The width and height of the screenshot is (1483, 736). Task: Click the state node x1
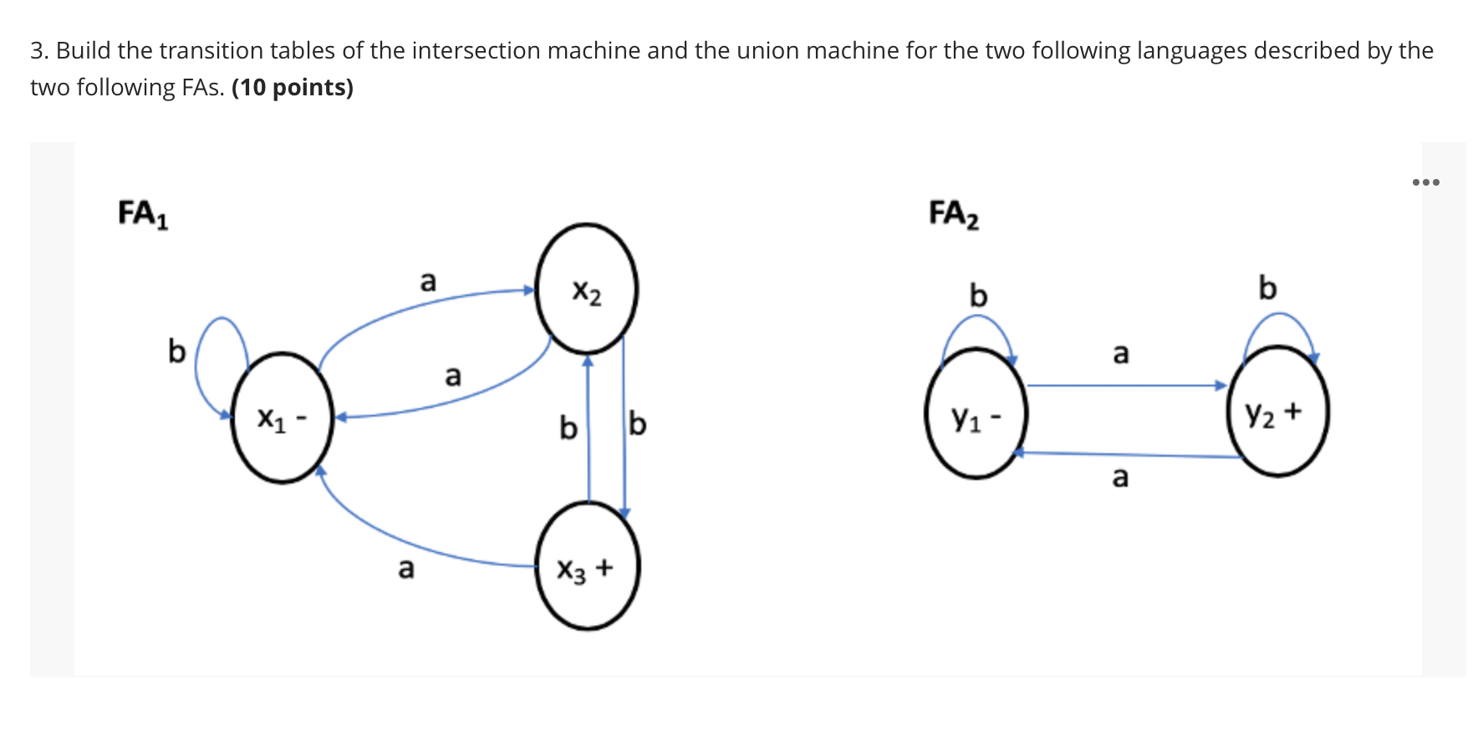click(x=282, y=418)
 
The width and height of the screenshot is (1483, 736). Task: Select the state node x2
click(x=587, y=289)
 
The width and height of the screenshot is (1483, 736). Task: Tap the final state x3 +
click(x=587, y=566)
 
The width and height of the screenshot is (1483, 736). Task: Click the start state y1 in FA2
click(x=976, y=414)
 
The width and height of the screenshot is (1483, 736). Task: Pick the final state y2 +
click(x=1277, y=411)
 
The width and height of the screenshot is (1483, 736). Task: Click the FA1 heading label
click(x=143, y=213)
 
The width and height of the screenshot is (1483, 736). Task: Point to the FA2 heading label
click(x=954, y=213)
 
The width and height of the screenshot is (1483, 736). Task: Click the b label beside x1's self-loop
click(x=176, y=351)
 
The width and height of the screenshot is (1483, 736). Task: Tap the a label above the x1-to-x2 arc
click(x=428, y=281)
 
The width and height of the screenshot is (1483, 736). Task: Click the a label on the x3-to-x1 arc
click(x=405, y=568)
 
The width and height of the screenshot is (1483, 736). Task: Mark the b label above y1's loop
click(x=978, y=295)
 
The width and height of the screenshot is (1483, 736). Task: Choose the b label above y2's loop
click(x=1267, y=288)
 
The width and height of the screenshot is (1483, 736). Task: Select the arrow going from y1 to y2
click(x=1124, y=386)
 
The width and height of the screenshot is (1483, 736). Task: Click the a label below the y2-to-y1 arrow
click(x=1120, y=477)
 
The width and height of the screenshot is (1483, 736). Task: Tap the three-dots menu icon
click(x=1425, y=181)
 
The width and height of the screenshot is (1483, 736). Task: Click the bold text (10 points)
click(x=293, y=87)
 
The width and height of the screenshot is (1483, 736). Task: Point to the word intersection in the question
click(x=476, y=50)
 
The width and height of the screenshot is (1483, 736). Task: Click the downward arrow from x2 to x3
click(x=624, y=427)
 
